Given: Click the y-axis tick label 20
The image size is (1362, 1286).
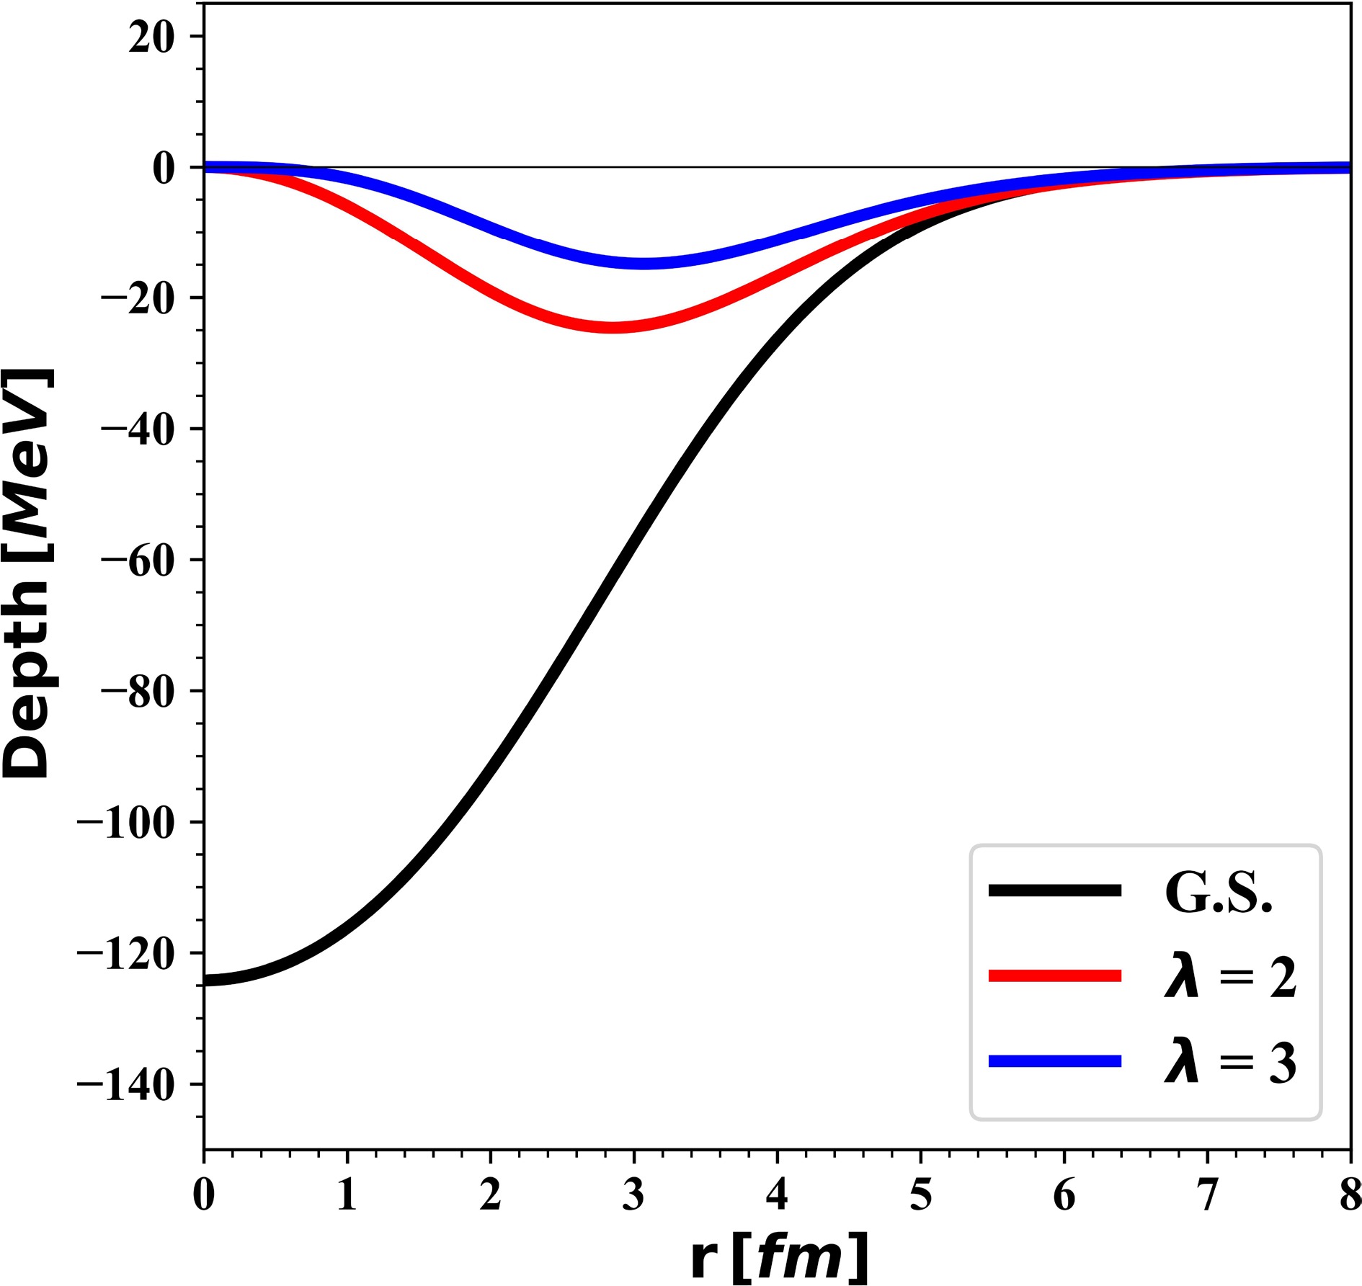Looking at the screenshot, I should pyautogui.click(x=151, y=37).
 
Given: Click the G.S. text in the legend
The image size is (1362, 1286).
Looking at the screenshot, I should pyautogui.click(x=1219, y=893).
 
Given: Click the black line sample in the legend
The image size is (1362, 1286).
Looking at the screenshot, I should pyautogui.click(x=1055, y=891).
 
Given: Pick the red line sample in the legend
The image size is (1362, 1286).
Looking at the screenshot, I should pyautogui.click(x=1055, y=976).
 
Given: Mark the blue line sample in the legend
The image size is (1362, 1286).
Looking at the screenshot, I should pyautogui.click(x=1055, y=1061).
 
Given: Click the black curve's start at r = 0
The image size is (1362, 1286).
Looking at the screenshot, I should pyautogui.click(x=206, y=981).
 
